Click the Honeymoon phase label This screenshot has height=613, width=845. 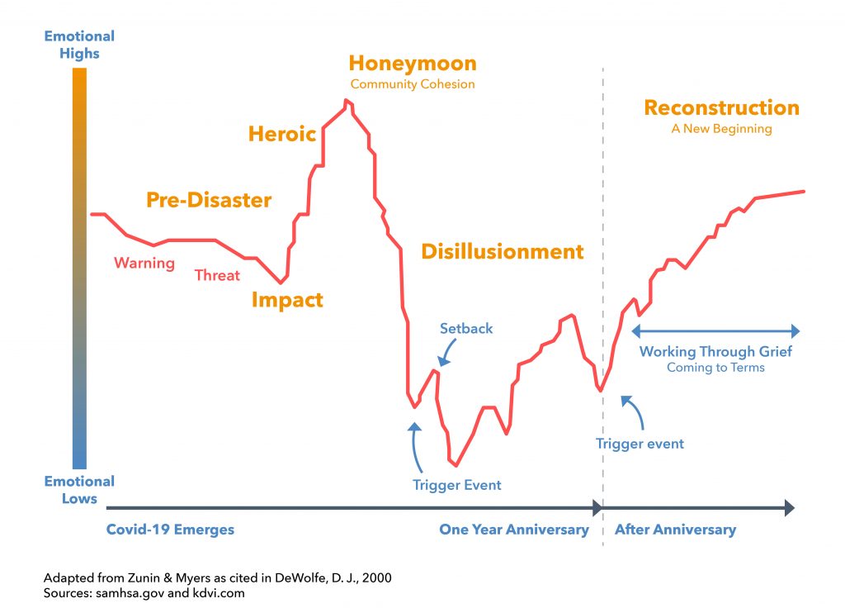(412, 64)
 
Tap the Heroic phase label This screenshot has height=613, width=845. (282, 134)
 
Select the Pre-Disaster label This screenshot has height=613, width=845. (209, 200)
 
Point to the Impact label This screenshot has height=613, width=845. (287, 300)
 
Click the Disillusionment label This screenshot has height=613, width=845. (502, 252)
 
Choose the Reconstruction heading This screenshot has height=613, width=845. (721, 108)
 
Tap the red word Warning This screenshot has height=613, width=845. (144, 264)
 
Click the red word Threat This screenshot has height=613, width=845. (217, 276)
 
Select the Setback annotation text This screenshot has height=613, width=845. (466, 329)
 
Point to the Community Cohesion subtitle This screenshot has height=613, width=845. (413, 84)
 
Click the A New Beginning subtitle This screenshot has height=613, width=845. (721, 129)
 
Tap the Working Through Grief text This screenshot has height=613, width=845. (715, 352)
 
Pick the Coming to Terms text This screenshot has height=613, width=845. (715, 368)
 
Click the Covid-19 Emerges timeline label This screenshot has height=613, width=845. (170, 530)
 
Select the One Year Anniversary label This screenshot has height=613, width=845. (514, 530)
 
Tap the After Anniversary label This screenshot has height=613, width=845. (675, 530)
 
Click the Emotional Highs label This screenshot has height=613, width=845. (79, 45)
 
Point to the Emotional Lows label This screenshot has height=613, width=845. (79, 490)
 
